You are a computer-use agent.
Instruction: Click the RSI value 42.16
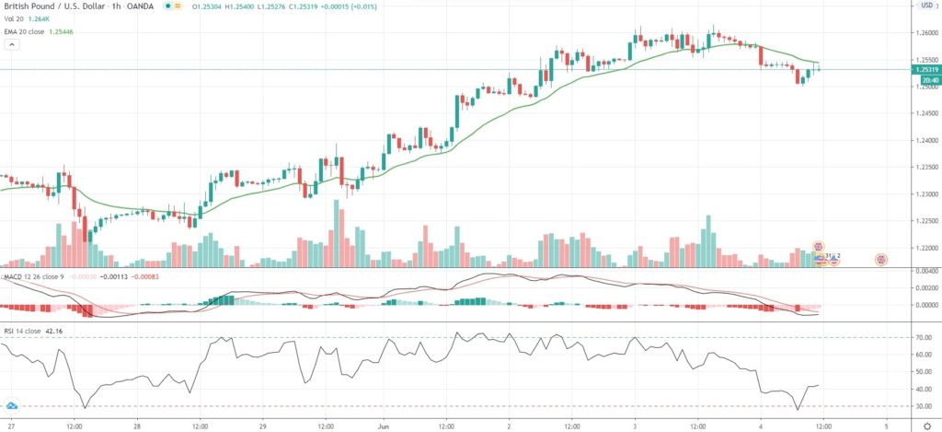point(59,330)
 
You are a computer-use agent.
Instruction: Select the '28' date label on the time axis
point(136,426)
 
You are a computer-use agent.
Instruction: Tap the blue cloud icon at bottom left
point(13,405)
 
